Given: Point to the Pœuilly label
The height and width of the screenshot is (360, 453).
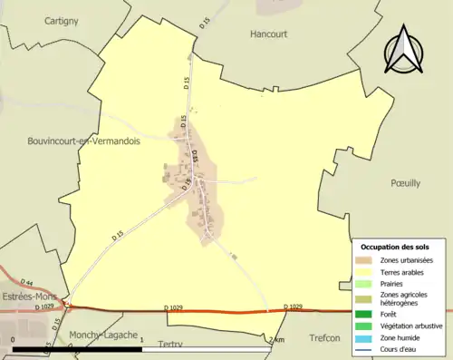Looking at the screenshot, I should (404, 182).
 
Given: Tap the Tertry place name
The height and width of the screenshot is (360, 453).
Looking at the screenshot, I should (170, 345).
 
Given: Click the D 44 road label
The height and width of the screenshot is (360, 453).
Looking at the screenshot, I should (26, 284).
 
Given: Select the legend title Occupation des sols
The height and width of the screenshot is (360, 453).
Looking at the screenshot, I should (395, 246).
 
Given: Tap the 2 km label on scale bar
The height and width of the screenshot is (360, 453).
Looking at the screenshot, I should (276, 339).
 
